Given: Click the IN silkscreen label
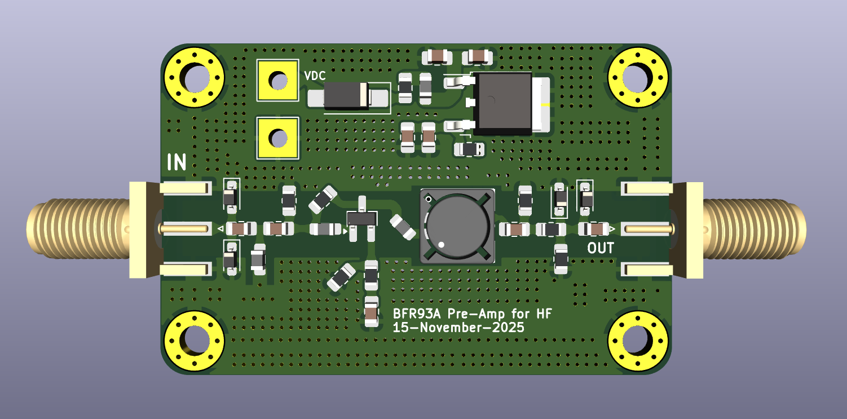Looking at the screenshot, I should tap(177, 162).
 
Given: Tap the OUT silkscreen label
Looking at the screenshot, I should tap(600, 248).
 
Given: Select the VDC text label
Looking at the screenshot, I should tap(315, 76).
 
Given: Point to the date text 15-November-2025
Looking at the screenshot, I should tap(458, 328).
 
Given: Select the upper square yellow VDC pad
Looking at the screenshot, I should tap(277, 80).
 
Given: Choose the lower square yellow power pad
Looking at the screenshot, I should tap(277, 138).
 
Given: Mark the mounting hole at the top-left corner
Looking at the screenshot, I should tap(193, 78).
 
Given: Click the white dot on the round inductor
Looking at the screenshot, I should tap(442, 245).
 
